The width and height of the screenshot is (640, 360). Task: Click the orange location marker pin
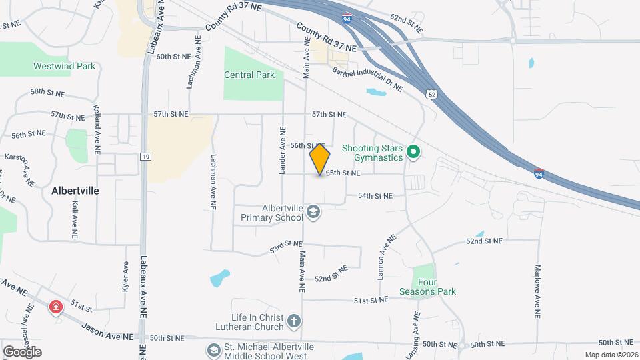[320, 159]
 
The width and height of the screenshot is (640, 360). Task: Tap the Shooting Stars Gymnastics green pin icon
[413, 153]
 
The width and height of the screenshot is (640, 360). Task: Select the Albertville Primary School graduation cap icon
[313, 213]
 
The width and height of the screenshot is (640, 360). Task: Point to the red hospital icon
[57, 307]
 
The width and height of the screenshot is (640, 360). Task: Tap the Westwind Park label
[64, 67]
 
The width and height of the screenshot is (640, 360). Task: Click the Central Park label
[249, 75]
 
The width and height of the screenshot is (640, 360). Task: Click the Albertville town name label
[75, 191]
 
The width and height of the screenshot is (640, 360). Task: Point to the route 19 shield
[145, 157]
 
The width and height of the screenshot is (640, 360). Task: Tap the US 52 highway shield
[432, 95]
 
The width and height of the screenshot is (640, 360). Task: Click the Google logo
[23, 351]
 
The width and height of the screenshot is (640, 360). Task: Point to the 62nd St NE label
[407, 26]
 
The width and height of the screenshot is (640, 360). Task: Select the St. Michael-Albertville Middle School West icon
[213, 350]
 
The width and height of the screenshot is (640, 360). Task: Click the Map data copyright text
[611, 355]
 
